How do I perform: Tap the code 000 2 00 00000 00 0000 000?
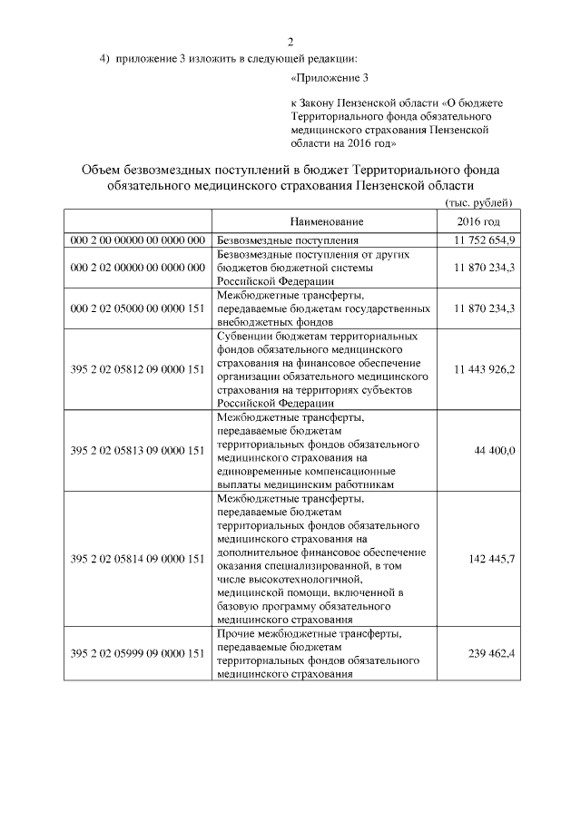tap(137, 240)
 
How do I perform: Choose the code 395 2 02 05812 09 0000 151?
tap(137, 369)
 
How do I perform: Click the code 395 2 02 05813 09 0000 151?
tap(137, 450)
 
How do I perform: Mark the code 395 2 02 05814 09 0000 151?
tap(137, 558)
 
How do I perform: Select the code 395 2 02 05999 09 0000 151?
tap(137, 652)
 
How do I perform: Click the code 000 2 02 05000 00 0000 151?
tap(137, 308)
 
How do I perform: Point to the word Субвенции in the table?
tap(243, 336)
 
